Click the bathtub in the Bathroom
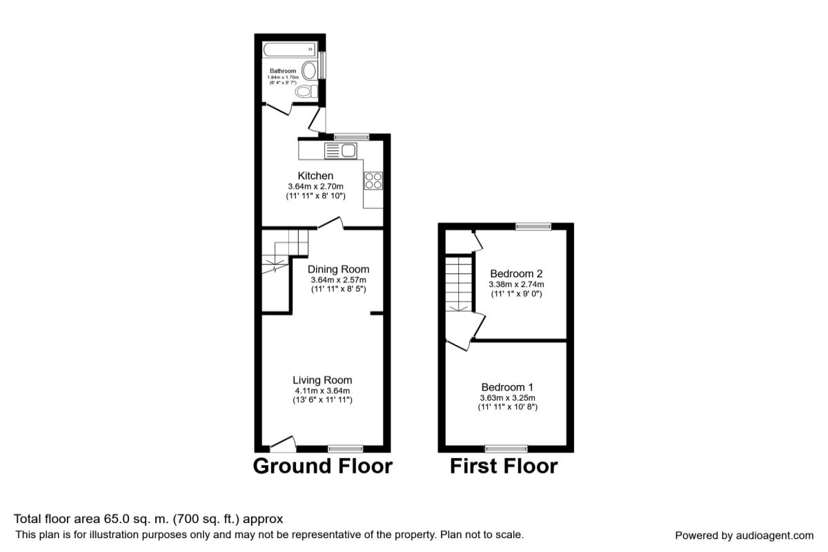(x=289, y=49)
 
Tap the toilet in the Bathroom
(x=304, y=92)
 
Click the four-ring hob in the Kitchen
(x=373, y=180)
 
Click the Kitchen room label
(x=315, y=176)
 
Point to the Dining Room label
(x=338, y=269)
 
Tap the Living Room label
(x=322, y=380)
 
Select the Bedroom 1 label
(x=507, y=387)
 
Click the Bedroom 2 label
(x=516, y=273)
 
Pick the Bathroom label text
(x=283, y=71)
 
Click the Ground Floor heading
(x=323, y=466)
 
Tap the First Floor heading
(x=504, y=466)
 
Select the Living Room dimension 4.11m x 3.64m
(x=322, y=391)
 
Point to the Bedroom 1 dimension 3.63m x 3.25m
(x=507, y=398)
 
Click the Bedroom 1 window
(x=506, y=448)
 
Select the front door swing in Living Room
(x=283, y=442)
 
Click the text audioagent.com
(x=774, y=535)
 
